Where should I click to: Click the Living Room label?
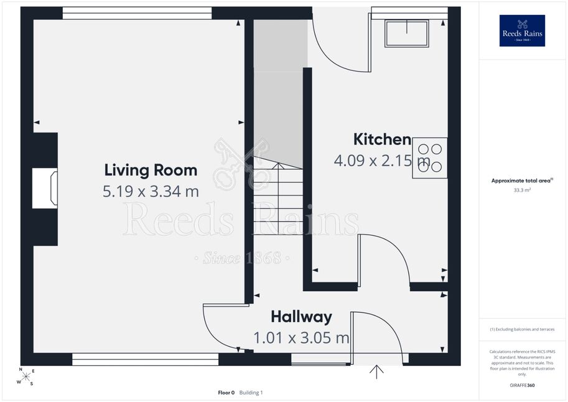click(151, 171)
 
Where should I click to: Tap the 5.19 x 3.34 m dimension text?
click(151, 192)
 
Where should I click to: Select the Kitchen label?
click(382, 139)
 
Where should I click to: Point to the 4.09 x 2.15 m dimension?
click(382, 160)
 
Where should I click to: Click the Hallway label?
click(301, 317)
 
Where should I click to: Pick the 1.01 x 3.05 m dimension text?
click(301, 338)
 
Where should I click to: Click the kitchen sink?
click(407, 34)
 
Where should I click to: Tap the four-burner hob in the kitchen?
click(430, 157)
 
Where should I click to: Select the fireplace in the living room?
click(45, 188)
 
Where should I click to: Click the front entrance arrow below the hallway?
click(377, 372)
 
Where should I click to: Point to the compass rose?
click(26, 376)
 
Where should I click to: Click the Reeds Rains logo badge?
click(522, 31)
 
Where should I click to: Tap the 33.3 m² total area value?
click(522, 190)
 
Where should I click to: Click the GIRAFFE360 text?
click(522, 385)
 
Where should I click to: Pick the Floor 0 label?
click(226, 393)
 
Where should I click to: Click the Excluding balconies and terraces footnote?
click(522, 329)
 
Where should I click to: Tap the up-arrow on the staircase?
click(278, 198)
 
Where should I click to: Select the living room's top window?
click(137, 13)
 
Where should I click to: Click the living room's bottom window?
click(145, 359)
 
